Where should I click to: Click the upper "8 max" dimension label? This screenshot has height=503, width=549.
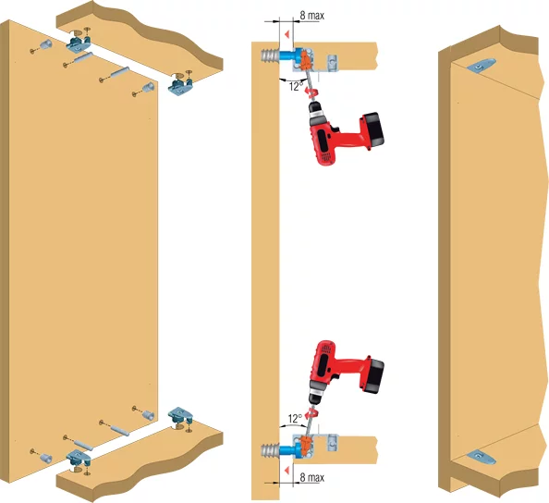point(312,16)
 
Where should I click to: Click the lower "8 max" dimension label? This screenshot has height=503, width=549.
point(312,477)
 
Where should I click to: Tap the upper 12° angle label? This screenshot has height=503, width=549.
point(296,86)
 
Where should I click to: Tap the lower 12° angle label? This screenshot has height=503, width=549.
point(295,419)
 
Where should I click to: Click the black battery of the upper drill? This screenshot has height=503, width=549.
point(372,129)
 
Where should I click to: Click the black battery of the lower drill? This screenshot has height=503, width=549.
point(372,375)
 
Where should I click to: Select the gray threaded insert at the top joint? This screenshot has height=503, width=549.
point(270,55)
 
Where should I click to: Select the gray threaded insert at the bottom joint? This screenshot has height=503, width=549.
point(270,450)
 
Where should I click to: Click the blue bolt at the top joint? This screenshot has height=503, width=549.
point(288,55)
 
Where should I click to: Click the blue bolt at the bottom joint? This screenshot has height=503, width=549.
point(288,450)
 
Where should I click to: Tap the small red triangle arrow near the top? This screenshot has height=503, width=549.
point(287,34)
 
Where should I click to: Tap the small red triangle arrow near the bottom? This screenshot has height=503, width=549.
point(287,471)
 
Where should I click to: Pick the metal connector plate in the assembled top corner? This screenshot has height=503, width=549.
point(481,66)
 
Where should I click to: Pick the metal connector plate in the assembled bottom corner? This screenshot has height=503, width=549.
point(481,457)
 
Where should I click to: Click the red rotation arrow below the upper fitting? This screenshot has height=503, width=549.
point(311,92)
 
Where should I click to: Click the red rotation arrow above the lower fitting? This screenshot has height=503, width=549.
point(311,413)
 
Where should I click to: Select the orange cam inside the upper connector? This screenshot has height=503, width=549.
point(305,60)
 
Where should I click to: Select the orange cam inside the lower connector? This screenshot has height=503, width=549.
point(305,446)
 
